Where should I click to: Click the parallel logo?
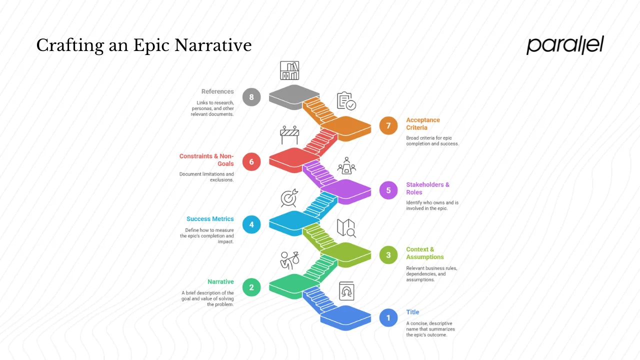pyautogui.click(x=565, y=45)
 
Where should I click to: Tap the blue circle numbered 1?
pyautogui.click(x=388, y=318)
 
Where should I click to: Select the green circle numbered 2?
pyautogui.click(x=251, y=287)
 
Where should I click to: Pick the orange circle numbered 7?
pyautogui.click(x=388, y=125)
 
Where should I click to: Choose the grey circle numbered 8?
pyautogui.click(x=251, y=96)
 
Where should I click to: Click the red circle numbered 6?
pyautogui.click(x=251, y=161)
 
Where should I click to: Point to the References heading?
pyautogui.click(x=217, y=91)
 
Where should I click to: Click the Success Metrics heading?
pyautogui.click(x=210, y=219)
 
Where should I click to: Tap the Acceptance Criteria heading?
pyautogui.click(x=423, y=123)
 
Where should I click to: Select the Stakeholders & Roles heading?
pyautogui.click(x=427, y=188)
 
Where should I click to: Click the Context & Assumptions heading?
pyautogui.click(x=424, y=253)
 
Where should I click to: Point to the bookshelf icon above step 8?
pyautogui.click(x=289, y=70)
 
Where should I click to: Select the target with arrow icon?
pyautogui.click(x=289, y=198)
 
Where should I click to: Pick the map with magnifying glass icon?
pyautogui.click(x=346, y=227)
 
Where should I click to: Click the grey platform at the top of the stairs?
pyautogui.click(x=294, y=95)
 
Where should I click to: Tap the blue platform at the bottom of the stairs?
pyautogui.click(x=345, y=316)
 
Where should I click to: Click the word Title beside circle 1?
pyautogui.click(x=412, y=312)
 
